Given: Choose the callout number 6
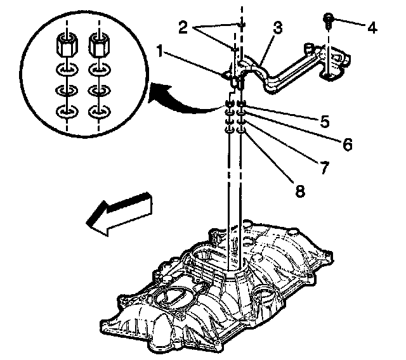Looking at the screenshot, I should click(x=346, y=145).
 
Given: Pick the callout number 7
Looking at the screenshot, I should click(x=324, y=167).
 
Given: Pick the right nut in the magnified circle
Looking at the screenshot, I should click(x=99, y=45).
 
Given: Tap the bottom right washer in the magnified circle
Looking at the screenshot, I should click(x=99, y=112).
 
